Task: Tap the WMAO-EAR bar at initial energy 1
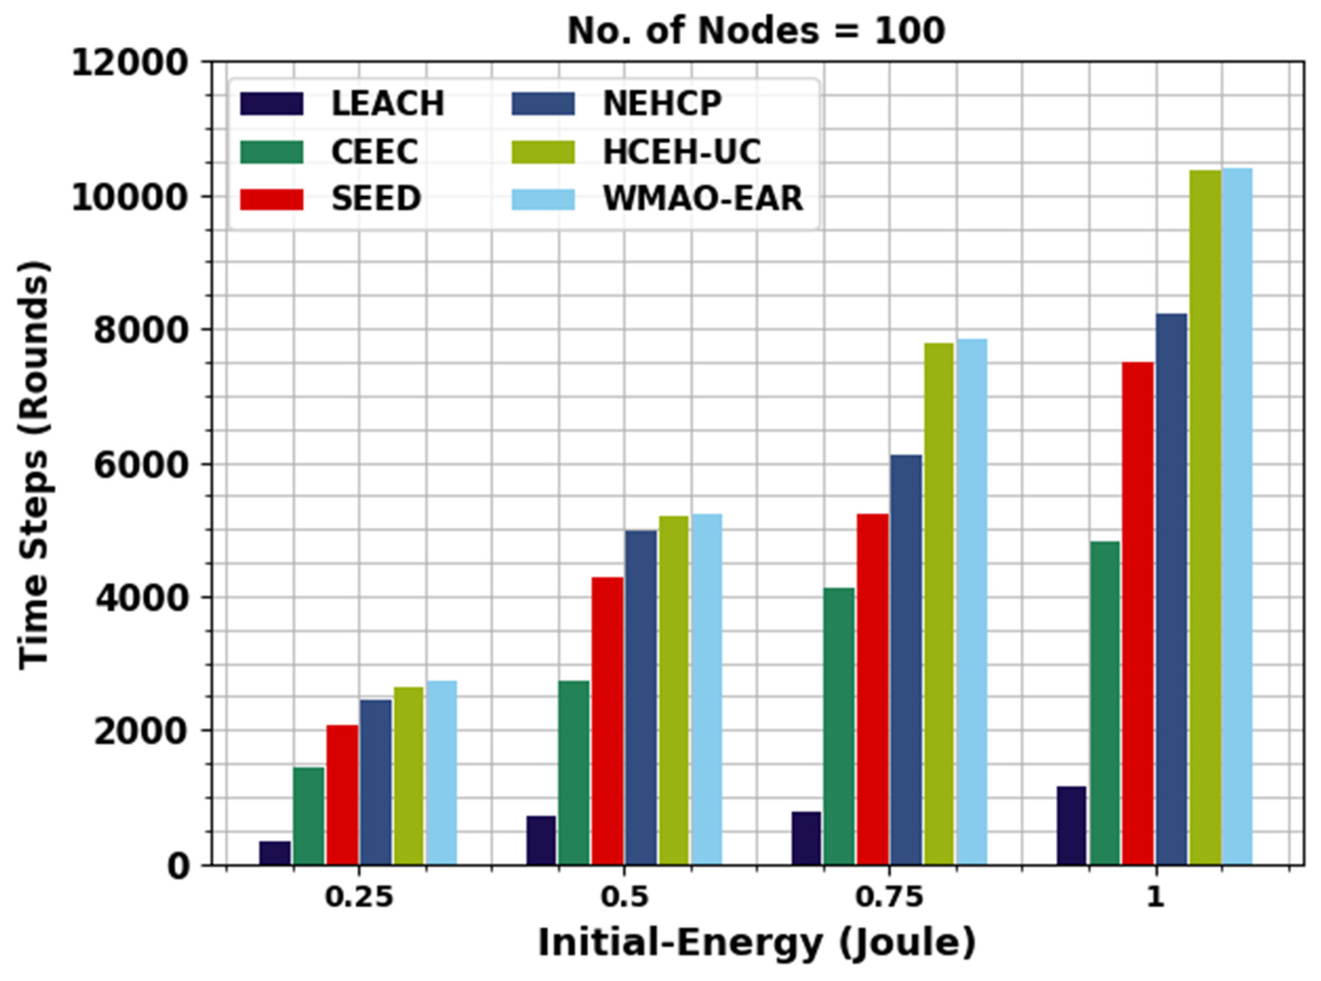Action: tap(1237, 517)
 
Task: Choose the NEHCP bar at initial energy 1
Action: tap(1171, 589)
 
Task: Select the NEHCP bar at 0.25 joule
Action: tap(375, 782)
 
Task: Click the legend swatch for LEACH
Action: tap(271, 104)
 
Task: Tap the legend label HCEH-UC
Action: tap(681, 152)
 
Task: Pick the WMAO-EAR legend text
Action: tap(703, 199)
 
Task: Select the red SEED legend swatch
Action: tap(271, 199)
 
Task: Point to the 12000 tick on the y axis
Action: tap(130, 63)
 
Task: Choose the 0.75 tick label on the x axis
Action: tap(888, 897)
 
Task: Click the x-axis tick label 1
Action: tap(1155, 897)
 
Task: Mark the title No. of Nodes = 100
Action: tap(756, 31)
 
